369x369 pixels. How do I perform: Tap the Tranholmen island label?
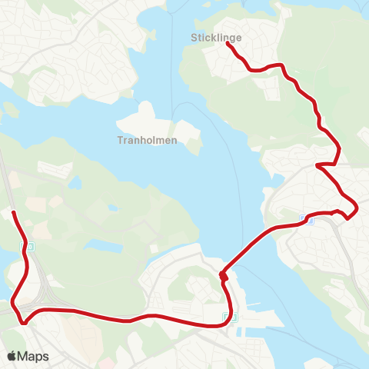148,141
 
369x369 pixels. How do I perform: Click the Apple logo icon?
12,356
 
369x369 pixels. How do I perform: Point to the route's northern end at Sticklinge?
227,44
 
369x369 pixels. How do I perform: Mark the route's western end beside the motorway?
14,211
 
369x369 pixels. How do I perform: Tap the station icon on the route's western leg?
30,247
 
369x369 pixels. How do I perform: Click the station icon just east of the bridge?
311,220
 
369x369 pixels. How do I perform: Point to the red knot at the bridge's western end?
222,274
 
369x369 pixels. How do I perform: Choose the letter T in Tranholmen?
120,141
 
